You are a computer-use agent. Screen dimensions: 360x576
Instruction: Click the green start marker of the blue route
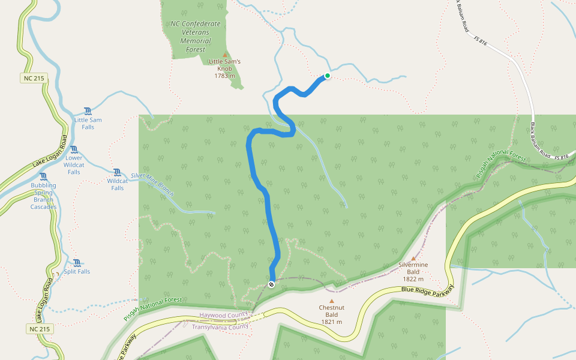pos(328,76)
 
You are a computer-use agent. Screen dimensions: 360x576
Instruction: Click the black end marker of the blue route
pos(271,284)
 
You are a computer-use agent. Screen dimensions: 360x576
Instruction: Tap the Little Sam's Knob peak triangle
pos(225,55)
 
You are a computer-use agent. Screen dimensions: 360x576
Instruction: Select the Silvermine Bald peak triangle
pos(413,258)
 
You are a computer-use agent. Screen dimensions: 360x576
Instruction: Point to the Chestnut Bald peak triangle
pos(331,301)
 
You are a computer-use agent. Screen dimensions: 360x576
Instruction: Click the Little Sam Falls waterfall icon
pos(88,111)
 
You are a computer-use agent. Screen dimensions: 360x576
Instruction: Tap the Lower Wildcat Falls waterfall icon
pos(74,149)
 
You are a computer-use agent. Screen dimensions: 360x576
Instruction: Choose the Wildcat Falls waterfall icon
pos(117,172)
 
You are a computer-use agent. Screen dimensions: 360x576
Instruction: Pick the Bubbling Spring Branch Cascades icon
pos(43,176)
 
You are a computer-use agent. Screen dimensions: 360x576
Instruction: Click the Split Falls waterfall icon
pos(77,263)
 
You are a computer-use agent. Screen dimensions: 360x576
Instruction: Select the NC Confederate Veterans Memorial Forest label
pos(196,37)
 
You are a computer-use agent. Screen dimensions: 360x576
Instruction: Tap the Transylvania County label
pos(220,327)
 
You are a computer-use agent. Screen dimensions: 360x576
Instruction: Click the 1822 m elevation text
pos(413,279)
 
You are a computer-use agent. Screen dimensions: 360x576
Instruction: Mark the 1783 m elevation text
pos(225,76)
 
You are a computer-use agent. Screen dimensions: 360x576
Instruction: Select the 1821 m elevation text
pos(331,322)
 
